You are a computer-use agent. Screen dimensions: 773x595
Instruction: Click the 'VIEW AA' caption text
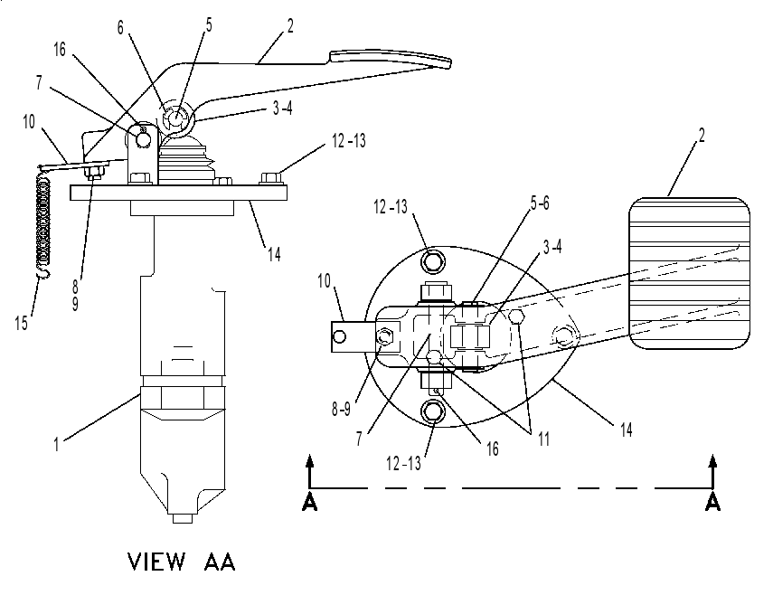pos(182,562)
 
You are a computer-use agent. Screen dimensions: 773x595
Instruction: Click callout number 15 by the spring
pos(21,324)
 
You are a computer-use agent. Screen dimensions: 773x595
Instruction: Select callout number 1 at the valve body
pos(56,444)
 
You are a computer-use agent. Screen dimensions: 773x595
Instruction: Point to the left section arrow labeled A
pos(309,483)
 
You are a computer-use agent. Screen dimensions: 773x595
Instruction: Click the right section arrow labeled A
pos(712,483)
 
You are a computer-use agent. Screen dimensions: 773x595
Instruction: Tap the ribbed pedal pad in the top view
pos(689,273)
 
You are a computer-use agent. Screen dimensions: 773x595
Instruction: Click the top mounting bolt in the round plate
pos(432,260)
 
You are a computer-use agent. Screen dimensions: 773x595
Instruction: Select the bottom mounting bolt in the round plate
pos(432,411)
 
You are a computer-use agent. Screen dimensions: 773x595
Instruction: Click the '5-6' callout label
pos(540,203)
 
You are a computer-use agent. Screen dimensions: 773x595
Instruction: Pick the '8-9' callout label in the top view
pos(341,409)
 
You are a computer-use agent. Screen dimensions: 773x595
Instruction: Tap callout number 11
pos(543,439)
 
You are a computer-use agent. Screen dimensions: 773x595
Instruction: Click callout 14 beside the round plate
pos(627,430)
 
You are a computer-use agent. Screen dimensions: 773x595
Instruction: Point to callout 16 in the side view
pos(59,50)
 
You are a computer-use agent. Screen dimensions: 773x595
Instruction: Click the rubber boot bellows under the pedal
pos(187,159)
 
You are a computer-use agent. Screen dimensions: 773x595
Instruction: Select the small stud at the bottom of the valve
pos(183,519)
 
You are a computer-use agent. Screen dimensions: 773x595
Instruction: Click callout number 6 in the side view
pos(120,28)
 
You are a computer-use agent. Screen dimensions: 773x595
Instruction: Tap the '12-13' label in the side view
pos(349,141)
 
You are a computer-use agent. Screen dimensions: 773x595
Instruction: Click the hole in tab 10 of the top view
pos(339,336)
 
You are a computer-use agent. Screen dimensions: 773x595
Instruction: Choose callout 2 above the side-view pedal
pos(290,25)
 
